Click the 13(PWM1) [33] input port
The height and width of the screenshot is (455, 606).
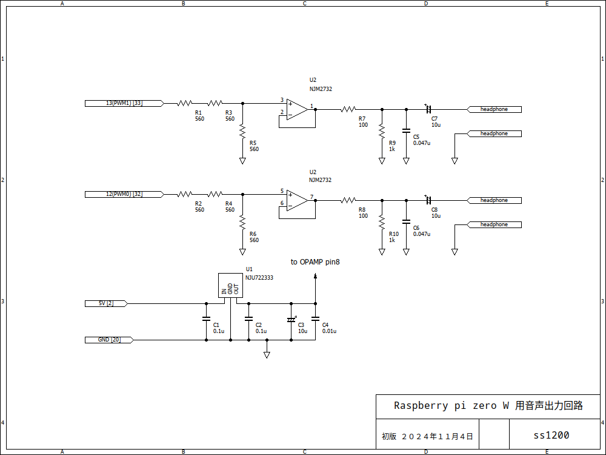(124, 103)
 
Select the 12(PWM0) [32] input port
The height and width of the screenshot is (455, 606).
(124, 194)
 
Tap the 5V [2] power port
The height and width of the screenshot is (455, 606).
(106, 303)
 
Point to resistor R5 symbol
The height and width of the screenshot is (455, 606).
(242, 130)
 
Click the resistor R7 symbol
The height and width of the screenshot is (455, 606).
(348, 109)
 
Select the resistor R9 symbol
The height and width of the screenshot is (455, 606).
(382, 130)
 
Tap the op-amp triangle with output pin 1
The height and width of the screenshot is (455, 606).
(297, 109)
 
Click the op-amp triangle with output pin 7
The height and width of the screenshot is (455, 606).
(297, 200)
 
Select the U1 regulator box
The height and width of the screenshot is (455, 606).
(230, 285)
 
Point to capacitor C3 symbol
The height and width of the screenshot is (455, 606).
(291, 319)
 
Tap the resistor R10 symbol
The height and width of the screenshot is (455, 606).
(382, 221)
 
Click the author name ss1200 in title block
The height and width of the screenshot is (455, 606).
(551, 435)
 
